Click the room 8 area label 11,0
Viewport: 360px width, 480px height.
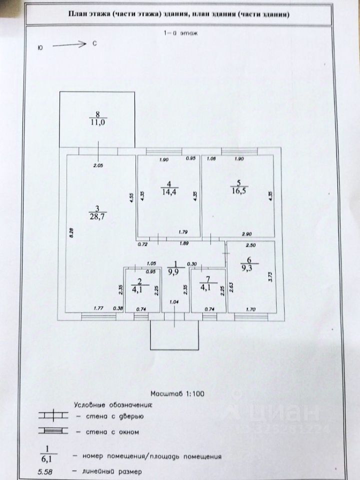coord(98,121)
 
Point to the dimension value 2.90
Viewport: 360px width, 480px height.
coord(246,233)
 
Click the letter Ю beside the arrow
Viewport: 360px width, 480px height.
coord(39,48)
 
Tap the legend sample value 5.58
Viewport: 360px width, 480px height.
coord(44,471)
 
